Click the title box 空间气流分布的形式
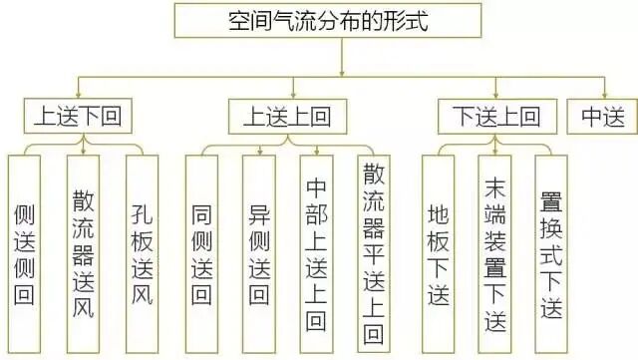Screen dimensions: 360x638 click(341, 21)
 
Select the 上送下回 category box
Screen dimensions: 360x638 click(71, 118)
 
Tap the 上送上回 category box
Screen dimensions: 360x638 click(285, 118)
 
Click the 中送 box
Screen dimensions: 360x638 click(601, 118)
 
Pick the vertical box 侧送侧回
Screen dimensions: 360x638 click(25, 253)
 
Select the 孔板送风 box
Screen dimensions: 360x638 click(142, 253)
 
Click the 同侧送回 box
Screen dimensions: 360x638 click(202, 253)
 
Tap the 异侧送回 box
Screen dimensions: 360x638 click(260, 253)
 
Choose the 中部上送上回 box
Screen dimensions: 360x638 click(316, 253)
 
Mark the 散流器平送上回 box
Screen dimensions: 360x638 click(373, 253)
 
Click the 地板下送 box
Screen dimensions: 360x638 click(438, 253)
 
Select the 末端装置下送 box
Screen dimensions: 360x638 click(494, 253)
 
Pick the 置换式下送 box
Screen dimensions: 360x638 click(551, 253)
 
